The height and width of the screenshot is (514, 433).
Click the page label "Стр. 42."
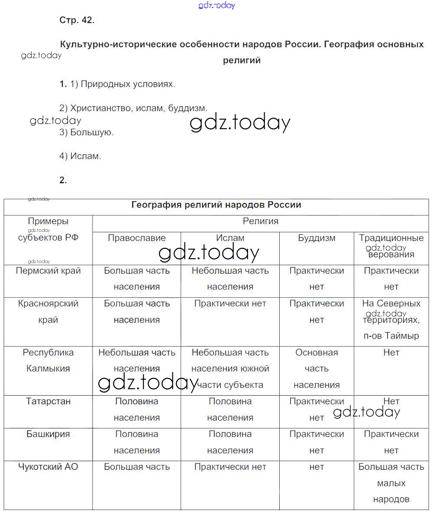pos(77,20)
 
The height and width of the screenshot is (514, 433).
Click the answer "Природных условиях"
pos(128,84)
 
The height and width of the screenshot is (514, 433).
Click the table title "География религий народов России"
pos(216,205)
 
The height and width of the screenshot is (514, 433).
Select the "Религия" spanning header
pos(260,221)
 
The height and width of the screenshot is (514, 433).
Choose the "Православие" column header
pos(137,238)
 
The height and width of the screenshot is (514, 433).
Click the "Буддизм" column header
pos(317,238)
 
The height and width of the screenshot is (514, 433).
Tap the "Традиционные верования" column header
pos(391,246)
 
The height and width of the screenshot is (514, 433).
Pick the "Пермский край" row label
pos(48,271)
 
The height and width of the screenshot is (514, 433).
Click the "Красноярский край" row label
pos(48,312)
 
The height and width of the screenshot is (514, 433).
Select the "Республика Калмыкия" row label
pos(48,361)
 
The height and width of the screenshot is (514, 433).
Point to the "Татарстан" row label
pos(48,401)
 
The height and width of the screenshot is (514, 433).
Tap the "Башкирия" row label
pos(48,434)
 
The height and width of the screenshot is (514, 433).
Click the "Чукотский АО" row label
pos(48,467)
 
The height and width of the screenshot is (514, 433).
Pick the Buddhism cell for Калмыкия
pos(317,369)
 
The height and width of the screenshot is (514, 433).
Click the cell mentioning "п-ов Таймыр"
pos(391,320)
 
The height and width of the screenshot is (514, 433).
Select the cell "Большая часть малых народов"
pos(391,483)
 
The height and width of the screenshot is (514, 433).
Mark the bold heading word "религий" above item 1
pos(242,61)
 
